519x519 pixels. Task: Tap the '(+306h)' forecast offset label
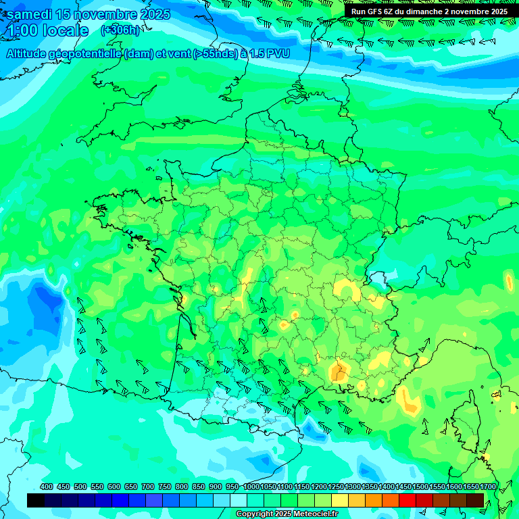pyautogui.click(x=120, y=30)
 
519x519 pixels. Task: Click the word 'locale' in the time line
pyautogui.click(x=66, y=30)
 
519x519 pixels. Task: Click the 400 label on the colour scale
pyautogui.click(x=47, y=487)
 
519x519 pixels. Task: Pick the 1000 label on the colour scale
pyautogui.click(x=251, y=487)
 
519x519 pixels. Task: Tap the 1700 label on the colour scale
pyautogui.click(x=488, y=487)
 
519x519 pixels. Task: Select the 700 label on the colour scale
pyautogui.click(x=148, y=487)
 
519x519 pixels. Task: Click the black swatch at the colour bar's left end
pyautogui.click(x=36, y=500)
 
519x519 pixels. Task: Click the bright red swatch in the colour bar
pyautogui.click(x=407, y=500)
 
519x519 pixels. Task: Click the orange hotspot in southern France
pyautogui.click(x=339, y=370)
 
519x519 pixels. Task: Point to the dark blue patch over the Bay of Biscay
pyautogui.click(x=44, y=298)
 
